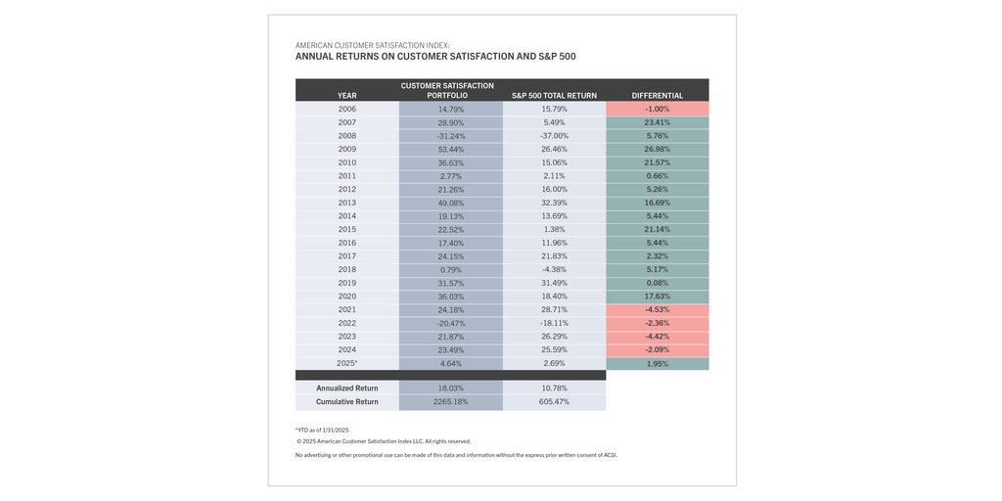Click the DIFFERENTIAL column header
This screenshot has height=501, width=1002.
pyautogui.click(x=657, y=96)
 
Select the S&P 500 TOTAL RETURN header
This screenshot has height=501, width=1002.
pyautogui.click(x=554, y=96)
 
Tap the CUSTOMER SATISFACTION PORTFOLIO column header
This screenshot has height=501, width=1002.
pyautogui.click(x=450, y=90)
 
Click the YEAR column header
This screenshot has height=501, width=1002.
pyautogui.click(x=346, y=96)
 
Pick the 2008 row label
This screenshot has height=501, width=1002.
pyautogui.click(x=346, y=136)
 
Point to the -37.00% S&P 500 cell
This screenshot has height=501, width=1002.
pyautogui.click(x=554, y=136)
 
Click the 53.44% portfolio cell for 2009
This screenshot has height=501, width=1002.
pyautogui.click(x=450, y=150)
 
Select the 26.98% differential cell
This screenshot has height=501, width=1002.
pyautogui.click(x=657, y=150)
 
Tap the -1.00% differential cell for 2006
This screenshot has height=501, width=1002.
pyautogui.click(x=657, y=110)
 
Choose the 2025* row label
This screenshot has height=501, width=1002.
pyautogui.click(x=346, y=363)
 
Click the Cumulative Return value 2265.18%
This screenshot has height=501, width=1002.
pyautogui.click(x=450, y=402)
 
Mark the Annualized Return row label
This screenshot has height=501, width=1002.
pyautogui.click(x=346, y=388)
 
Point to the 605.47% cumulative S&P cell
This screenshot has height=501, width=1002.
pyautogui.click(x=554, y=402)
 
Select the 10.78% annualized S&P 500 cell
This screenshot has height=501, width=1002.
pyautogui.click(x=554, y=388)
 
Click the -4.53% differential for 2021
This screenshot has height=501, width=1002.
pyautogui.click(x=657, y=309)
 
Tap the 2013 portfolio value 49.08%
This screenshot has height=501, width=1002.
pyautogui.click(x=450, y=203)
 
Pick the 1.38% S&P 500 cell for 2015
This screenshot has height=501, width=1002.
pyautogui.click(x=554, y=229)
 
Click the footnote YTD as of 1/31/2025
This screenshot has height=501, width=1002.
pyautogui.click(x=322, y=430)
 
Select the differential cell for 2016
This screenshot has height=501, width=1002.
pyautogui.click(x=657, y=243)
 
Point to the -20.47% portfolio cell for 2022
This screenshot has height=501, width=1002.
pyautogui.click(x=450, y=323)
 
